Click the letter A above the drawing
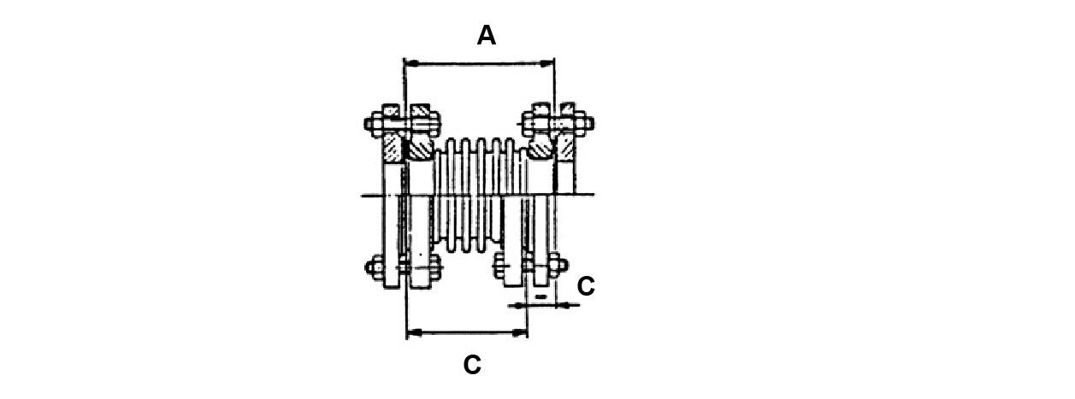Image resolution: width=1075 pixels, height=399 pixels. (486, 36)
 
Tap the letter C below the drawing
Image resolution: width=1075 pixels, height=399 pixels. (472, 365)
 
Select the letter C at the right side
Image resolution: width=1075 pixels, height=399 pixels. (586, 287)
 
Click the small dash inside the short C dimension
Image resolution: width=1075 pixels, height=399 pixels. (540, 296)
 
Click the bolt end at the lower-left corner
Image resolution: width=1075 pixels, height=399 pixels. (370, 267)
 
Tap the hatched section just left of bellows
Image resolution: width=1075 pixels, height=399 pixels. (420, 150)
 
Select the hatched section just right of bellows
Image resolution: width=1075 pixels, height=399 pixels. (539, 150)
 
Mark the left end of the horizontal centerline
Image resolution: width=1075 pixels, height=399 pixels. (364, 197)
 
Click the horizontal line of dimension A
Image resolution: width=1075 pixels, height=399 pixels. (479, 63)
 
